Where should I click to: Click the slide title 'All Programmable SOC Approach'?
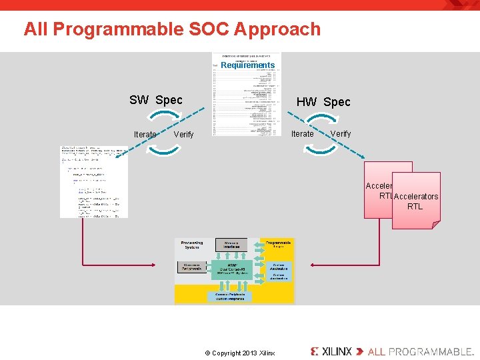[172, 29]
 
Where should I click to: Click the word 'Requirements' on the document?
[247, 65]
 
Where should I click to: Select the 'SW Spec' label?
[155, 100]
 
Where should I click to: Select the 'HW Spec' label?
[323, 102]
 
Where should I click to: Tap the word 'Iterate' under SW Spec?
[145, 135]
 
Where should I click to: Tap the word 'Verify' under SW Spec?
[183, 135]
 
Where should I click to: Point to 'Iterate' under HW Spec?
[303, 134]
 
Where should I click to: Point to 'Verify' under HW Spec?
[341, 134]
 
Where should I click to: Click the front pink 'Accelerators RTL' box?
[416, 201]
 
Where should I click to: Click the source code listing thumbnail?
[93, 181]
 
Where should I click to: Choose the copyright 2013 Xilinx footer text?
[239, 353]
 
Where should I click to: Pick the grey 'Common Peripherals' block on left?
[191, 267]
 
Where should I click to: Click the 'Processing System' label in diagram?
[191, 245]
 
